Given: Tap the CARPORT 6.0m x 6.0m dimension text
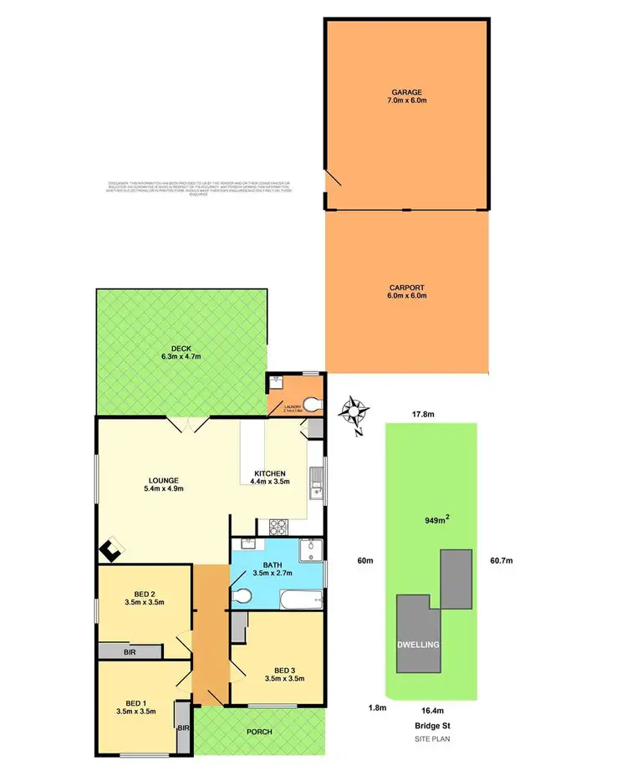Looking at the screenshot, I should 408,296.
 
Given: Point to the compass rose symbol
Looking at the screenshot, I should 357,411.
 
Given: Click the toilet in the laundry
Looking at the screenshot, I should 311,406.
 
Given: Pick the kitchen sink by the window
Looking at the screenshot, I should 315,484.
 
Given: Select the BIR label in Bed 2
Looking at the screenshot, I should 130,651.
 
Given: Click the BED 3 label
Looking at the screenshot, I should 285,668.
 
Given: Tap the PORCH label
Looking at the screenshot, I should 259,732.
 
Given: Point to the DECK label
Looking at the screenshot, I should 182,349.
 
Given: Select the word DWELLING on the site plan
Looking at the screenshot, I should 418,645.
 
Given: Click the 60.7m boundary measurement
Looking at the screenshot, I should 501,559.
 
